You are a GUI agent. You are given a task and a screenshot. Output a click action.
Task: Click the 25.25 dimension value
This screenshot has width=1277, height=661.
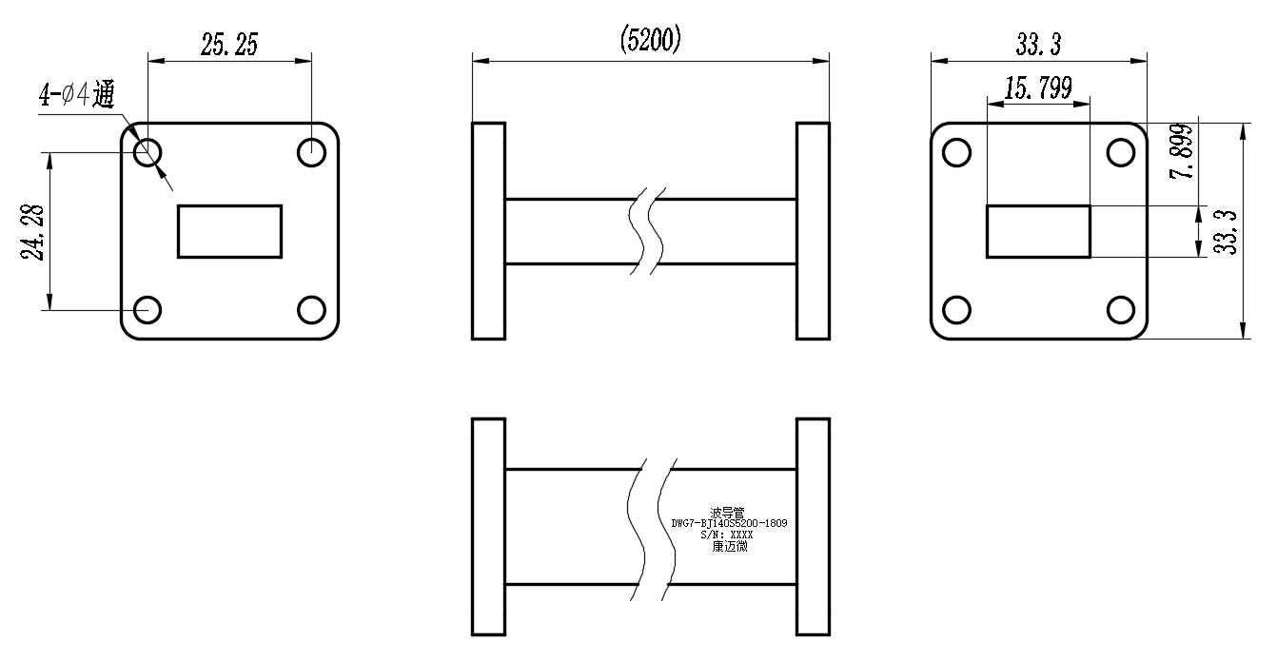[229, 45]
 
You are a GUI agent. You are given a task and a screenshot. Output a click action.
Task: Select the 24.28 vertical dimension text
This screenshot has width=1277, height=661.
[32, 232]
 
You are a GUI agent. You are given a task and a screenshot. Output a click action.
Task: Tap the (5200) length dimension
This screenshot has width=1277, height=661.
[651, 40]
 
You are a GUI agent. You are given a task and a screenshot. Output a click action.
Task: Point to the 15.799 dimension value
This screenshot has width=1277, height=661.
[1038, 88]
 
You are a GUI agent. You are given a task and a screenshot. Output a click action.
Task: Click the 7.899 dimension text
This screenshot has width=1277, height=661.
[1182, 151]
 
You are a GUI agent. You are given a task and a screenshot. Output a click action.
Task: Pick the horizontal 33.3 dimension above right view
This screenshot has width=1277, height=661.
[1039, 45]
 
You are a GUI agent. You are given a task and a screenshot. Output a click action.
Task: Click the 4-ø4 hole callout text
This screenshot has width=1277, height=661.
[77, 94]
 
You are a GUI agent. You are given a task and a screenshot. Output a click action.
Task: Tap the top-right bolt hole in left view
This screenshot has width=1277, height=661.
[312, 153]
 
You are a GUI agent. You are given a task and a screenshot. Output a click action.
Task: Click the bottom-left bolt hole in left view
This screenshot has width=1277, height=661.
[147, 310]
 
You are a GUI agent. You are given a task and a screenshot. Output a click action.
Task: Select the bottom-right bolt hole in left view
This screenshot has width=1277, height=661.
[312, 310]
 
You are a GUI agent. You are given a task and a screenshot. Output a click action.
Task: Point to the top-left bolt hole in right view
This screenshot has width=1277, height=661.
[956, 153]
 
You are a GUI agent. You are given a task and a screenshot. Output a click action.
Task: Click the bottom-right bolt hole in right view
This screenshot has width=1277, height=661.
[1121, 310]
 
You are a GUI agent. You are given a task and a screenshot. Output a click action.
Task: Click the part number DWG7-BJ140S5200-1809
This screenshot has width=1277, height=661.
[729, 523]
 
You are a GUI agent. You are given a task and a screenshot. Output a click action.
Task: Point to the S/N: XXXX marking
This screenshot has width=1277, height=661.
[727, 535]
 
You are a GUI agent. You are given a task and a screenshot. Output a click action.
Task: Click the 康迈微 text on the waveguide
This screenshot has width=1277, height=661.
[730, 547]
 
